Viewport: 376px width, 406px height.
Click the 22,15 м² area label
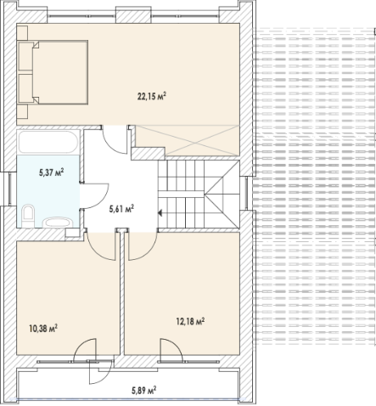pyautogui.click(x=152, y=97)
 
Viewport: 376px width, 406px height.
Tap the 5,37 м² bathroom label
pyautogui.click(x=51, y=172)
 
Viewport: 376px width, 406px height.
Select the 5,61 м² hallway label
pyautogui.click(x=121, y=209)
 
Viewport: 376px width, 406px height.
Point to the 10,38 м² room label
pyautogui.click(x=43, y=329)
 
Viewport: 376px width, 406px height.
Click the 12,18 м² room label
pyautogui.click(x=190, y=322)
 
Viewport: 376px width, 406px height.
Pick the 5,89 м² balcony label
pyautogui.click(x=144, y=391)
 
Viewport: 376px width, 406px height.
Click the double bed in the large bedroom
pyautogui.click(x=53, y=72)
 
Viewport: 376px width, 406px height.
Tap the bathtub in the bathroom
pyautogui.click(x=48, y=142)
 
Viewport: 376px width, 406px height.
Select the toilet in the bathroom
pyautogui.click(x=28, y=216)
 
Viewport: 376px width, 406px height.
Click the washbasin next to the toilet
pyautogui.click(x=58, y=223)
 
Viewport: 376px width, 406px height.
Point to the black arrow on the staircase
pyautogui.click(x=160, y=213)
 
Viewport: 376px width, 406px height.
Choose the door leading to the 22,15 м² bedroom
pyautogui.click(x=115, y=140)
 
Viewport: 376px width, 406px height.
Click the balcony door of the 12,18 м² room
pyautogui.click(x=171, y=351)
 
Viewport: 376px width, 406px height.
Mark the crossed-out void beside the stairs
pyautogui.click(x=188, y=141)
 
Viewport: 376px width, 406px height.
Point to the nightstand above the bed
pyautogui.click(x=22, y=32)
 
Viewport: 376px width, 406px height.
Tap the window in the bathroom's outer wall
pyautogui.click(x=10, y=189)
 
